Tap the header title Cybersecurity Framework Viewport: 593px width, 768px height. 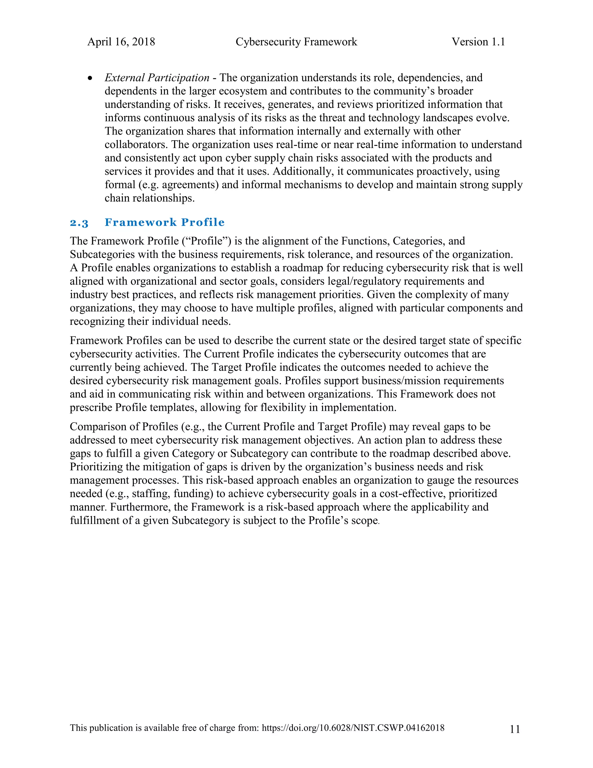point(296,42)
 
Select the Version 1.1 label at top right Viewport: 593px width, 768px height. point(478,42)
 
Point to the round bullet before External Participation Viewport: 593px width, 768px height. point(91,78)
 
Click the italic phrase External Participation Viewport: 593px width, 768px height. point(157,78)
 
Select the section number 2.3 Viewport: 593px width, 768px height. point(79,223)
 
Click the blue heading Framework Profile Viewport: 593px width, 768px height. point(164,222)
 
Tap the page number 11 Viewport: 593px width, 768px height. point(515,729)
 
